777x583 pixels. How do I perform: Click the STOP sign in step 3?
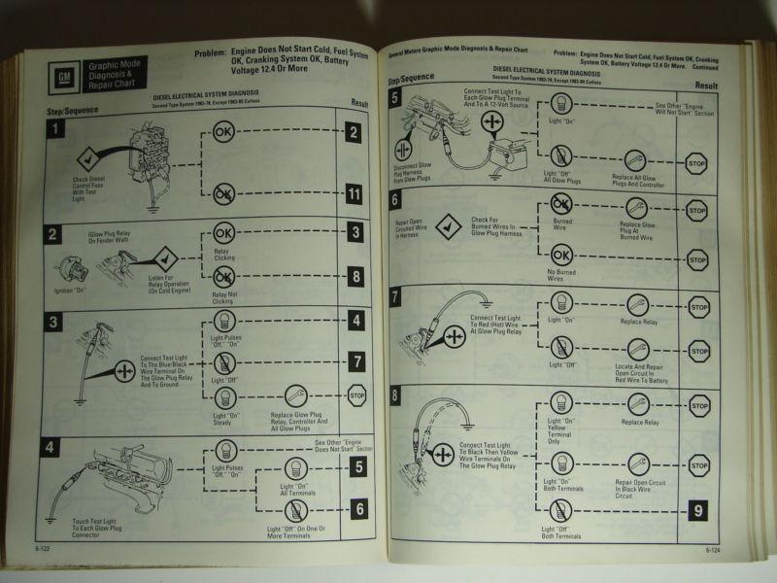click(356, 394)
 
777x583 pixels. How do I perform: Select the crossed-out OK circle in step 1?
click(224, 195)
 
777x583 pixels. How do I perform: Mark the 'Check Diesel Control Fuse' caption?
click(93, 185)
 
